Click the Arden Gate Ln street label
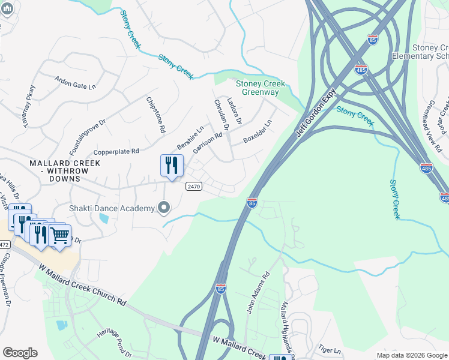(75, 82)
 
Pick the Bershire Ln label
(190, 138)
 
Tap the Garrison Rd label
(208, 143)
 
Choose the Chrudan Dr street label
(221, 115)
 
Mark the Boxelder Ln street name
(258, 131)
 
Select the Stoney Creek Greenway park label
(260, 88)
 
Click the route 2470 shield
(193, 187)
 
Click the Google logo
(20, 353)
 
